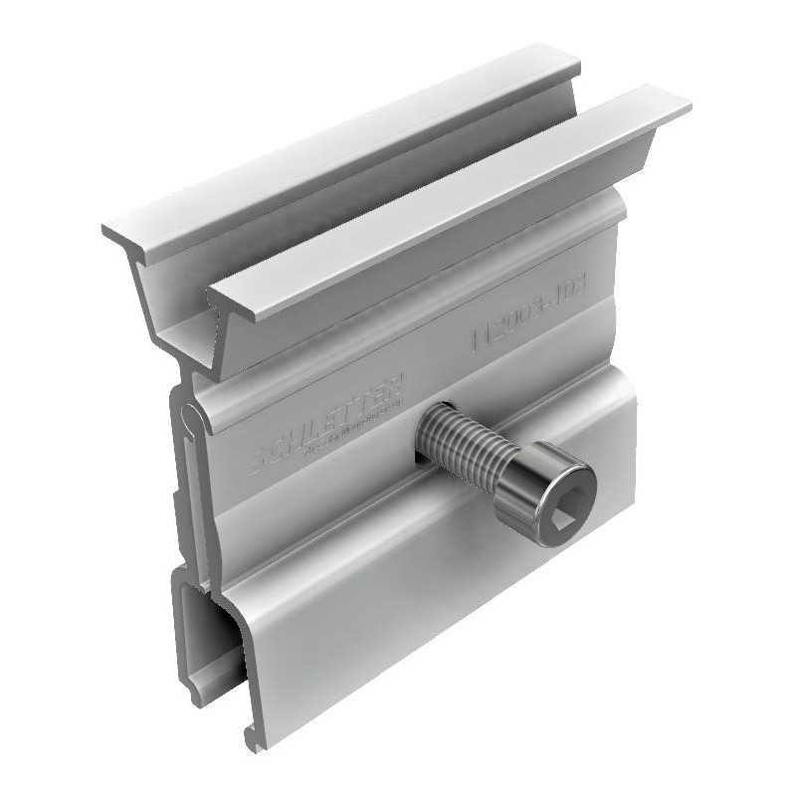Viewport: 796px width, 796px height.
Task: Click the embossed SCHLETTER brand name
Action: (x=328, y=416)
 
